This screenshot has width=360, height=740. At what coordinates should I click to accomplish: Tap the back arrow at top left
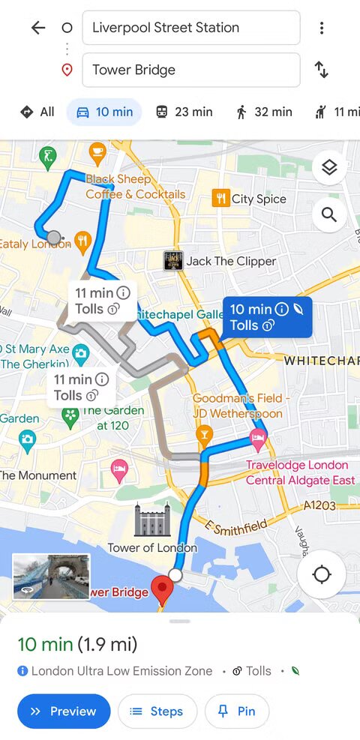[x=37, y=28]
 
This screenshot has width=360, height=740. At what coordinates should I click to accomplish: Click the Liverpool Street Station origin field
[x=190, y=28]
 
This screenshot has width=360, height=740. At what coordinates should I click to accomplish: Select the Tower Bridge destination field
[x=190, y=70]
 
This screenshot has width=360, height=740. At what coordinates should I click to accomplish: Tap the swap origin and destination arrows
[x=321, y=70]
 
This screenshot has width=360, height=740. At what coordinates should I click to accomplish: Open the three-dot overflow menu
[x=321, y=28]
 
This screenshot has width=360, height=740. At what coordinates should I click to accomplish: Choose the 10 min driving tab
[x=104, y=112]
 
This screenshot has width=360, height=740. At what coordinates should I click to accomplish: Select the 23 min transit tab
[x=184, y=112]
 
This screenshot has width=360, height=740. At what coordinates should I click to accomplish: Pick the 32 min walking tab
[x=263, y=112]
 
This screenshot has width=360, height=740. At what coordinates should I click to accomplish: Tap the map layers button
[x=328, y=168]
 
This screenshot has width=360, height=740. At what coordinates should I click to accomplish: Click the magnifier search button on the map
[x=328, y=215]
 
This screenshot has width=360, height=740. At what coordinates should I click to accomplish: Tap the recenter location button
[x=321, y=575]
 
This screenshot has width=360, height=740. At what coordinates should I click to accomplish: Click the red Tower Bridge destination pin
[x=160, y=589]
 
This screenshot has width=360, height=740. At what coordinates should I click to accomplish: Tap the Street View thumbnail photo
[x=51, y=577]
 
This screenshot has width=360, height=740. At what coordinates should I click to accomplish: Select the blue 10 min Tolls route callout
[x=267, y=316]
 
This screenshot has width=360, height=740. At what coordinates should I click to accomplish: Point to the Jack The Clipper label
[x=221, y=261]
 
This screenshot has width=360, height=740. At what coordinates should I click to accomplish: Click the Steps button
[x=157, y=712]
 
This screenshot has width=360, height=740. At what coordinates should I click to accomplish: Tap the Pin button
[x=236, y=712]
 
